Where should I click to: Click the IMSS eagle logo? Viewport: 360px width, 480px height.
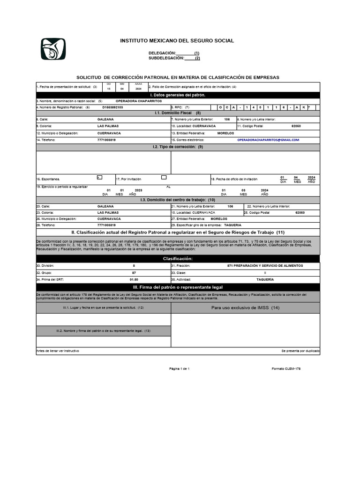point(53,49)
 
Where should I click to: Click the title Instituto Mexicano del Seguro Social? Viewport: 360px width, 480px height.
point(177,41)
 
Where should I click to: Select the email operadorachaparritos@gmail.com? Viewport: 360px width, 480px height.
point(268,140)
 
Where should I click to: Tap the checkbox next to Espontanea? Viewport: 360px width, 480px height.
point(99,177)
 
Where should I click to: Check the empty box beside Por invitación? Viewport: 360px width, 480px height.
point(164,177)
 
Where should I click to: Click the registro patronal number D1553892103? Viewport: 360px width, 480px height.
point(112,107)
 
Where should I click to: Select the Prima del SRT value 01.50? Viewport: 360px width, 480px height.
point(134,279)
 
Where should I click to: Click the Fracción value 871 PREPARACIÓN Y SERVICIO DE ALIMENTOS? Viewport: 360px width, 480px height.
point(265,265)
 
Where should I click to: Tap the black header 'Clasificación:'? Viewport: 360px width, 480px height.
point(178,259)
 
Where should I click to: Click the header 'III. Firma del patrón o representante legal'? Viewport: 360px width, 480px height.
point(178,287)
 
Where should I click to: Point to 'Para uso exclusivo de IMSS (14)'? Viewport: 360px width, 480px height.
point(245,308)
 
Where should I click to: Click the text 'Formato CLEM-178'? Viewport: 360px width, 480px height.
point(286,369)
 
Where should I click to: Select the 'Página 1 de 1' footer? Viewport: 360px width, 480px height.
point(180,369)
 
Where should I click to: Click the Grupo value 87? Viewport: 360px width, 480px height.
point(134,272)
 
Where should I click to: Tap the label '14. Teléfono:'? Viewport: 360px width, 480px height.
point(45,140)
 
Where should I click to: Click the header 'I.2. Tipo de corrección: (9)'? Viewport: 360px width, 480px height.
point(178,147)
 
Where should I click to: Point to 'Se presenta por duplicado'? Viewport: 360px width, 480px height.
point(300,351)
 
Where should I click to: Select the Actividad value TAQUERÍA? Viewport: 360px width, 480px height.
point(265,279)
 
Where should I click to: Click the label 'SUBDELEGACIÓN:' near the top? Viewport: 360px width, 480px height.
point(166,58)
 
